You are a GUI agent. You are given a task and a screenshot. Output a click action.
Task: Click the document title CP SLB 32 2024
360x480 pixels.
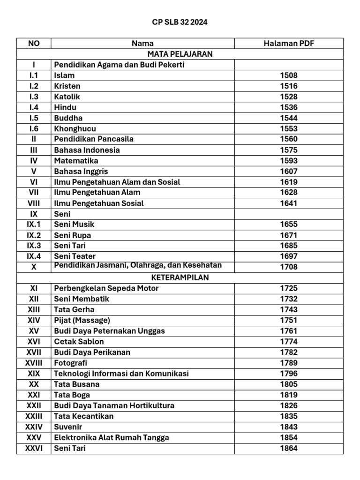180,22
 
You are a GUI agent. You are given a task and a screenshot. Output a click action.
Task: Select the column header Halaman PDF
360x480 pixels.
289,44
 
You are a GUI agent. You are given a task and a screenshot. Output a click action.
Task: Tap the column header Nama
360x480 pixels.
142,44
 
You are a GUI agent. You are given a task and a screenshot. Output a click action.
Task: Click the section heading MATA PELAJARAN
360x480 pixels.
180,54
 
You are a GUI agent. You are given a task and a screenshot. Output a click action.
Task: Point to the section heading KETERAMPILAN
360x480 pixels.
180,277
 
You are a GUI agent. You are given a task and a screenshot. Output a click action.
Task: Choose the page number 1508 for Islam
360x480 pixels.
289,75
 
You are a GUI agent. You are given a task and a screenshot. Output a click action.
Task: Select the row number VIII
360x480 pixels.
34,203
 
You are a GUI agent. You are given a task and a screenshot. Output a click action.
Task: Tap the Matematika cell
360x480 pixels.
76,161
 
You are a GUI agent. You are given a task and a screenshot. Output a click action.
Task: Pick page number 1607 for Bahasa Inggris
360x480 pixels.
289,172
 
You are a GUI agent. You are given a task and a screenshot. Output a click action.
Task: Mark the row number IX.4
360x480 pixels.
34,256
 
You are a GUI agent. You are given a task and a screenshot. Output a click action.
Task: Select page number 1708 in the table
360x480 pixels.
289,267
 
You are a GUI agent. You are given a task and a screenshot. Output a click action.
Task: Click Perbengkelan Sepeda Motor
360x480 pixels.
106,288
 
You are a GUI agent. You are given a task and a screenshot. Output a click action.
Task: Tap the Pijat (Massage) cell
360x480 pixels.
82,320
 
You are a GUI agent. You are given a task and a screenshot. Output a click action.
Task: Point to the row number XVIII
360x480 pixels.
34,363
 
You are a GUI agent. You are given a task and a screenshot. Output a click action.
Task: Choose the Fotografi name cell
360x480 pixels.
71,363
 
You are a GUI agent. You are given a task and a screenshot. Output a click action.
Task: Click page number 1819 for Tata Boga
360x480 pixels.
289,395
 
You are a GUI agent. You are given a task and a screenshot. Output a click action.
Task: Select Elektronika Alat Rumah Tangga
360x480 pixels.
112,437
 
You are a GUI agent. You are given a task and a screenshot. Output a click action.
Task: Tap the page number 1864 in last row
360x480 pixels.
289,448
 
